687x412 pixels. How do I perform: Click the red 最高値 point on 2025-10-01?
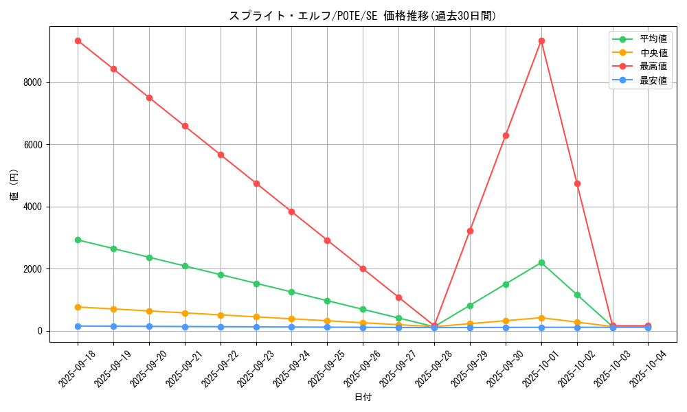point(541,41)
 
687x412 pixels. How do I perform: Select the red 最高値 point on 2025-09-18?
point(78,41)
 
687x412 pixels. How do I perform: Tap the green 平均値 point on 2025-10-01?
point(541,262)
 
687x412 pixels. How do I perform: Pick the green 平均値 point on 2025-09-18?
point(78,240)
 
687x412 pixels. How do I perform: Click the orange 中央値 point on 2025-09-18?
point(78,307)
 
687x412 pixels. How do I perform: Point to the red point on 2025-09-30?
point(506,135)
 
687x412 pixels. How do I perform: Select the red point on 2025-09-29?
point(470,231)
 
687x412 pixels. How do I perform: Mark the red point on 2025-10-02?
point(577,183)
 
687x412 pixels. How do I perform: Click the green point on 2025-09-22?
point(221,275)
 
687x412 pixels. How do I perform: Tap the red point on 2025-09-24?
point(291,211)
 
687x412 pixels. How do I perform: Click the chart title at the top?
point(362,16)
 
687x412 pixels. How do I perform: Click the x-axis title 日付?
point(363,398)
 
